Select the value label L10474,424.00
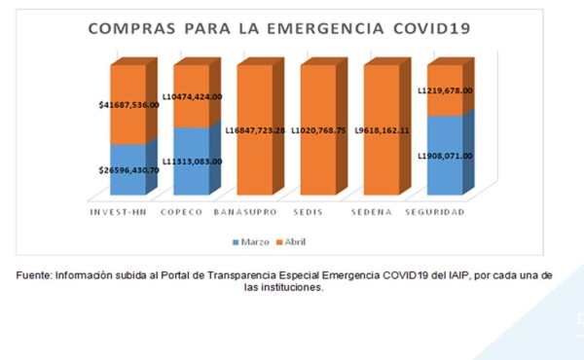[x=191, y=96]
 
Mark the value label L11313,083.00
[x=191, y=162]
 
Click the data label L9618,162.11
[x=383, y=129]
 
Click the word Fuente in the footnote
[x=35, y=275]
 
